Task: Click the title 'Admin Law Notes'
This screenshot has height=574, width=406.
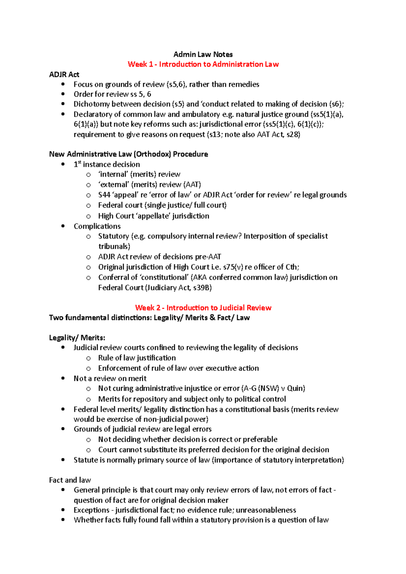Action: [203, 54]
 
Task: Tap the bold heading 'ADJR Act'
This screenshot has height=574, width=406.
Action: [64, 74]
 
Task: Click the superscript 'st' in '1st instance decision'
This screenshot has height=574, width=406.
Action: [80, 163]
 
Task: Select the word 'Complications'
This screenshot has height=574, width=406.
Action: [97, 226]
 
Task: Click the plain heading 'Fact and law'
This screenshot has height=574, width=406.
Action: [70, 480]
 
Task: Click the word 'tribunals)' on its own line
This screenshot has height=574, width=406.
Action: [114, 246]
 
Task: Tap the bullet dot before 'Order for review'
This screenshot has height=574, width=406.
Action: [63, 94]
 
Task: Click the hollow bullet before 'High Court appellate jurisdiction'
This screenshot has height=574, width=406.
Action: [88, 216]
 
